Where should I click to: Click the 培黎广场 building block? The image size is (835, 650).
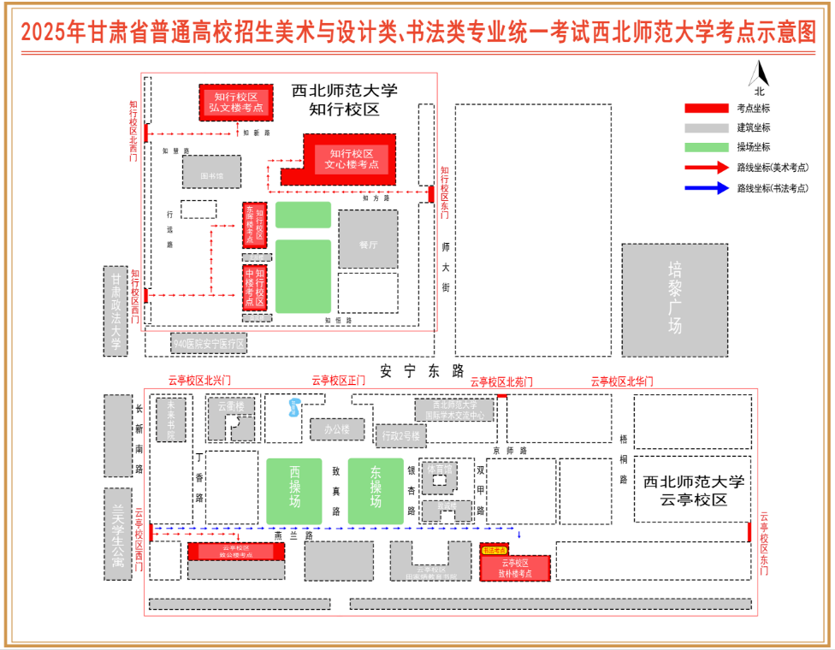[675, 299]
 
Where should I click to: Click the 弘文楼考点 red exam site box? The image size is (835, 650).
[236, 103]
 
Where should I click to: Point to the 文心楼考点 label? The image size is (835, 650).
[351, 158]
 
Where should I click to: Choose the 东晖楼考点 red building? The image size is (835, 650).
[255, 225]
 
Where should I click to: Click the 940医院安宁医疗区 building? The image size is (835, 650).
[209, 344]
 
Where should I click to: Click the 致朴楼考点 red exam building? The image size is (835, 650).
[516, 568]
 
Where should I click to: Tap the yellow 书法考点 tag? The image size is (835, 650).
[495, 551]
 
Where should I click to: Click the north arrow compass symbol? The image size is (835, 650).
[761, 79]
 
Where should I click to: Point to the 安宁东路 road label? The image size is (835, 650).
[422, 370]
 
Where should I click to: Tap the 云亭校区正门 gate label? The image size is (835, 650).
[338, 381]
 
